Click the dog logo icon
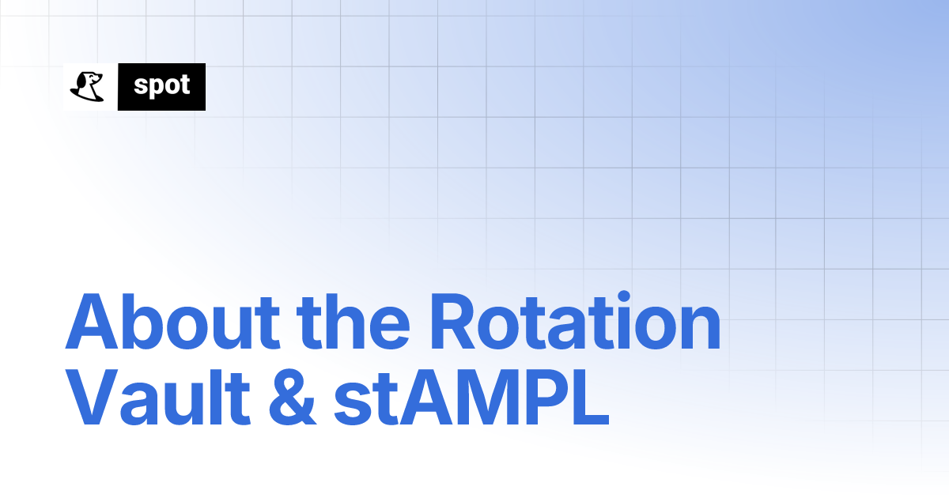coord(88,86)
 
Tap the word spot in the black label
coord(161,86)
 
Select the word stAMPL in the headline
coord(471,401)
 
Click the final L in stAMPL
coord(588,401)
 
